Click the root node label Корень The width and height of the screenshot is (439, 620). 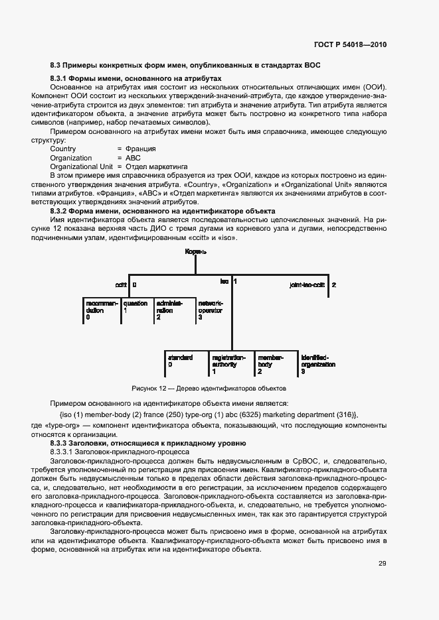tap(195, 252)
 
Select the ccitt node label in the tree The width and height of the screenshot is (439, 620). tap(121, 284)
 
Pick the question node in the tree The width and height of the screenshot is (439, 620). tap(135, 306)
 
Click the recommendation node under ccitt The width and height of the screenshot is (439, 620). tap(102, 310)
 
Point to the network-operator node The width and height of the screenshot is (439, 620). tap(211, 310)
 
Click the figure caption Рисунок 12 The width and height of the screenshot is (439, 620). tap(219, 387)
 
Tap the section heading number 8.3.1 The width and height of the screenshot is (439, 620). tap(61, 78)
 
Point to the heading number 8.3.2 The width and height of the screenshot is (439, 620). tap(61, 210)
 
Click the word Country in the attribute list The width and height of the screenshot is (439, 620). tap(63, 149)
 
